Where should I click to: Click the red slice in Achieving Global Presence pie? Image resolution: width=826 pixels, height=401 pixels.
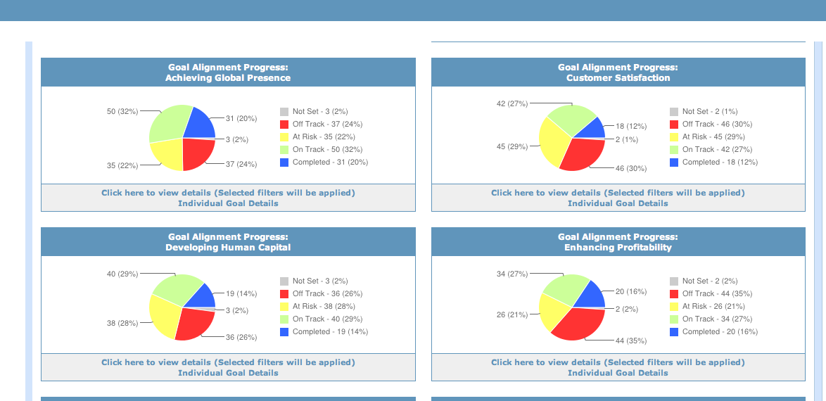[x=197, y=153]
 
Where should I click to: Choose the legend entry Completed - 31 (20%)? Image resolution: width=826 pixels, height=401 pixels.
[x=330, y=163]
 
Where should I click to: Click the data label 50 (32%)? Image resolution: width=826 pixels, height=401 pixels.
[x=122, y=111]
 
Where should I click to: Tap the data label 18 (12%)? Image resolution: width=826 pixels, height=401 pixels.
[x=631, y=126]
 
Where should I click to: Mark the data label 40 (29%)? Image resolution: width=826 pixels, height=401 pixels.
[x=122, y=274]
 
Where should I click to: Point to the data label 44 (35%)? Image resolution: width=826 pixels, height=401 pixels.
[x=631, y=340]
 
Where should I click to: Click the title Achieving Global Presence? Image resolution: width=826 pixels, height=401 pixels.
[x=228, y=78]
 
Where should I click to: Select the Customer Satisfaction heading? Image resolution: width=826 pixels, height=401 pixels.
[x=618, y=78]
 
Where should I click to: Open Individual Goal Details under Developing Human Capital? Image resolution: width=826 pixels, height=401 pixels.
[x=228, y=373]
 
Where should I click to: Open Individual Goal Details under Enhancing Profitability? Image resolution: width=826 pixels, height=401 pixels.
[x=618, y=373]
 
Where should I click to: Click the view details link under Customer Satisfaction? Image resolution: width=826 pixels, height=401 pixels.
[x=618, y=193]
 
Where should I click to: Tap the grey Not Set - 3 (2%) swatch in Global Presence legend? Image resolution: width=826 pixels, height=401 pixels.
[x=284, y=112]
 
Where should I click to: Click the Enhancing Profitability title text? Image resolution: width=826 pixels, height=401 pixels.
[x=618, y=248]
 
